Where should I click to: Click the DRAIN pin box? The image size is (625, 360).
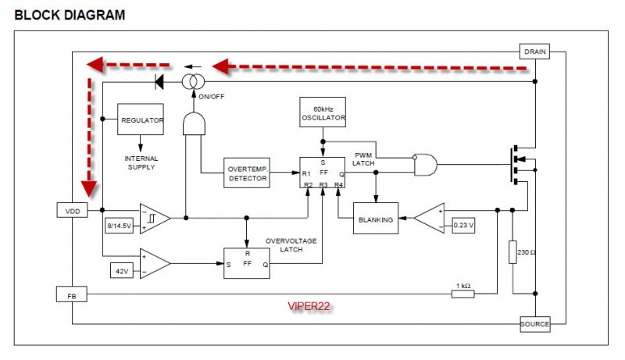[x=534, y=52]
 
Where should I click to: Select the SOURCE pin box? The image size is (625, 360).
[x=535, y=324]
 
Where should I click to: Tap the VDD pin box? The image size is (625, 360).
[x=72, y=210]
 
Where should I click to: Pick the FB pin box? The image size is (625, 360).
[x=72, y=294]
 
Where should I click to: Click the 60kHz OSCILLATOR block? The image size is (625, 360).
[x=323, y=112]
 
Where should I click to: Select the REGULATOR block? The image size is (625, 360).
[x=141, y=119]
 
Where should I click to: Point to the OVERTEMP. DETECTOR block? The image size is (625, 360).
[x=247, y=173]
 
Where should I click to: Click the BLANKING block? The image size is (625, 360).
[x=376, y=218]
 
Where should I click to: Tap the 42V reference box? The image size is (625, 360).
[x=122, y=270]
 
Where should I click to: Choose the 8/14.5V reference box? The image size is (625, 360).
[x=120, y=226]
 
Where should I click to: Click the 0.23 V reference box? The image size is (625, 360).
[x=463, y=226]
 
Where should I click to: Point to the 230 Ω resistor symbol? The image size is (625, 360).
[x=512, y=252]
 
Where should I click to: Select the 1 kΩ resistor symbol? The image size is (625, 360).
[x=462, y=294]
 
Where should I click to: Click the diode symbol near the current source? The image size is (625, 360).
[x=159, y=82]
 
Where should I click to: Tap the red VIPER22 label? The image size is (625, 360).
[x=309, y=306]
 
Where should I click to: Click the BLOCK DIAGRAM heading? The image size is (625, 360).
[x=70, y=15]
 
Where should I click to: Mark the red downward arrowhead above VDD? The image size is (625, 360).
[x=89, y=189]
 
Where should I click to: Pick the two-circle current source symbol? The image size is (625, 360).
[x=193, y=82]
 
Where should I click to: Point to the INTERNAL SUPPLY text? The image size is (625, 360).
[x=141, y=162]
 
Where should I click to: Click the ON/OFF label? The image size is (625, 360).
[x=211, y=97]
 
